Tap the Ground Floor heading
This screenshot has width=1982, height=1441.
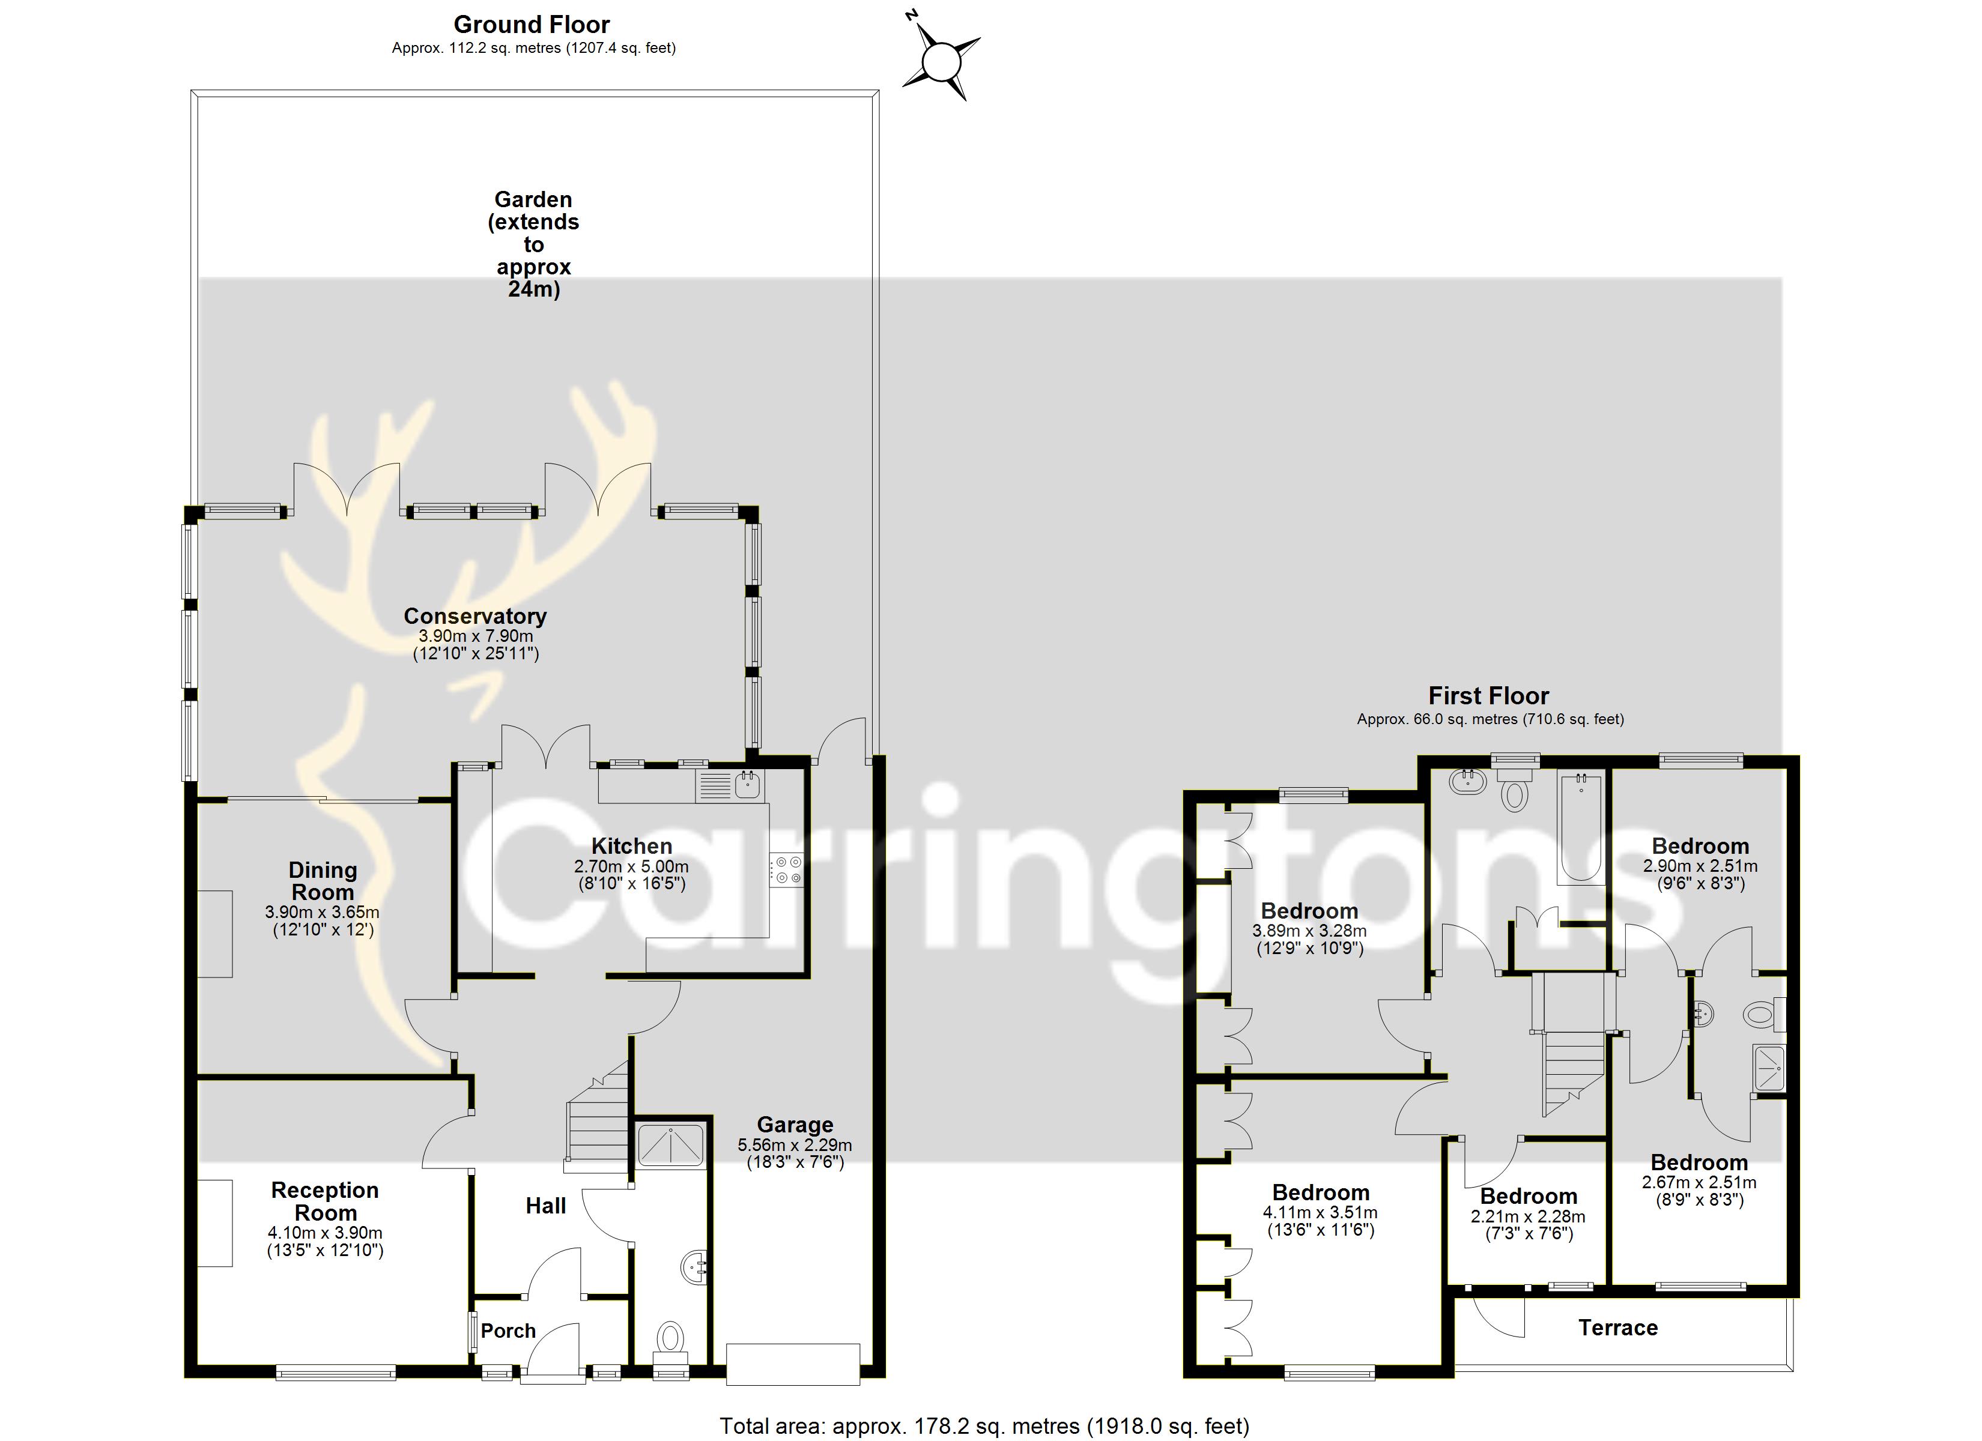click(x=532, y=25)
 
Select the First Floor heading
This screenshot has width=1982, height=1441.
click(x=1488, y=696)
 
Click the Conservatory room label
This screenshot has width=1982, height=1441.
click(x=476, y=616)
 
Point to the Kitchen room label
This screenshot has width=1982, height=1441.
click(x=632, y=846)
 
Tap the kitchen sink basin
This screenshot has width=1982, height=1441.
click(x=748, y=785)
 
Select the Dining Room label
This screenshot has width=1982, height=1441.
click(x=323, y=881)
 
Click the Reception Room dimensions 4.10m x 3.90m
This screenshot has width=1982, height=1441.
click(x=325, y=1233)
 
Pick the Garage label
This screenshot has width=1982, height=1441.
click(x=795, y=1125)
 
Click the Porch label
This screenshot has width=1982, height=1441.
click(x=508, y=1331)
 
